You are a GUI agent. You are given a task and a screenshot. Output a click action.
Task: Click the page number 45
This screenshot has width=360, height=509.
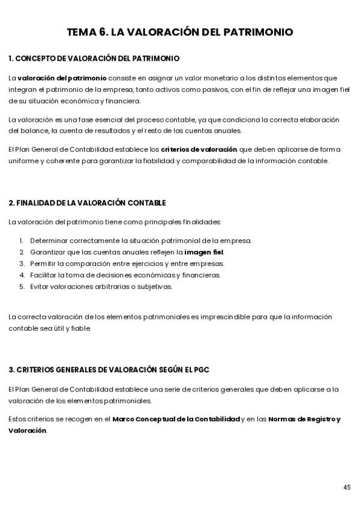[x=347, y=487]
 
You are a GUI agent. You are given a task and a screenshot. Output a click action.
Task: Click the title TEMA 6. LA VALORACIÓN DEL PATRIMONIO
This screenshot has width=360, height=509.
[x=180, y=32]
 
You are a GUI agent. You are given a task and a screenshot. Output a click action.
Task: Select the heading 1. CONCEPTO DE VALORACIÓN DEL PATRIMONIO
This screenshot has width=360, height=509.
[x=94, y=59]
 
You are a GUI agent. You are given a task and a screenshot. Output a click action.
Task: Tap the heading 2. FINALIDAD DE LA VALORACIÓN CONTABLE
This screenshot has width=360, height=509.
[x=87, y=203]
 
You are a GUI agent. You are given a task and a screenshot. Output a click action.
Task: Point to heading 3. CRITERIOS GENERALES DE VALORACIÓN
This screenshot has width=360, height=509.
[x=109, y=370]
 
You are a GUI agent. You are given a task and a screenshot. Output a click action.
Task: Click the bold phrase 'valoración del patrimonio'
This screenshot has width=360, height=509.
[x=62, y=78]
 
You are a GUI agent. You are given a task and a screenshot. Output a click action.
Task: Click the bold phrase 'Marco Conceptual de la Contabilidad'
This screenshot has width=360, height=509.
[x=176, y=419]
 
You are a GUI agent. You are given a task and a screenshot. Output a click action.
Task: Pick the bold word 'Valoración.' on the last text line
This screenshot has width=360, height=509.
[x=28, y=430]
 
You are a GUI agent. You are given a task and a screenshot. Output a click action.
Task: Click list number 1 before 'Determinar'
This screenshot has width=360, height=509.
[x=21, y=241]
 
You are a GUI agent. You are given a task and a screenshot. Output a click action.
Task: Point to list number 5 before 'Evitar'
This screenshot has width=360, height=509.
[x=21, y=286]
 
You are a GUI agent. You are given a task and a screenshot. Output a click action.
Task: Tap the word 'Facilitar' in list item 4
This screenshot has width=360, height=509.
[x=44, y=275]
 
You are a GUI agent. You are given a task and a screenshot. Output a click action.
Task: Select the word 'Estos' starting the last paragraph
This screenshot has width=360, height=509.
[x=17, y=419]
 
